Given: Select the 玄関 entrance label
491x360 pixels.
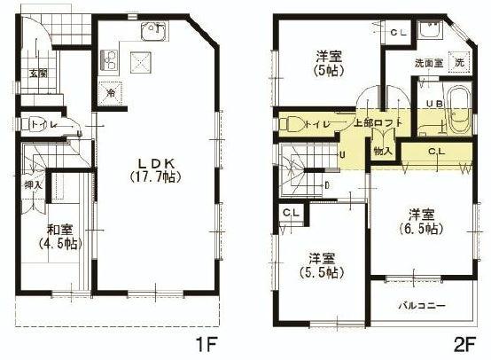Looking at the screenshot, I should (x=37, y=74).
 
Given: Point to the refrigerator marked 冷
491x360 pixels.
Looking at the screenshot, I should (x=111, y=91).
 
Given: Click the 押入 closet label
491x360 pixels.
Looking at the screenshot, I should (x=31, y=186).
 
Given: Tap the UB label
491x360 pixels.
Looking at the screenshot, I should (x=434, y=104).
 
